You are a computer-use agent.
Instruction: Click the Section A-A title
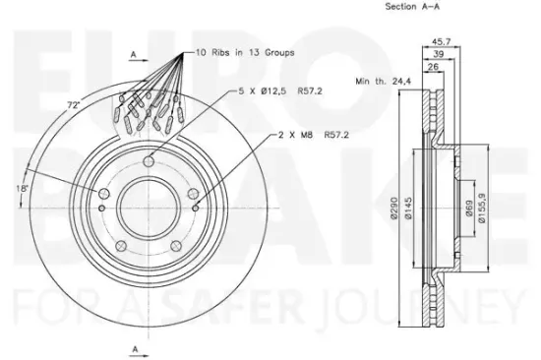pos(412,6)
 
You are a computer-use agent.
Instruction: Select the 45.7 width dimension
pos(442,41)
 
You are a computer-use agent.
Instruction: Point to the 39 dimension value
pos(439,54)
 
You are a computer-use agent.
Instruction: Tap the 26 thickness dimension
pos(433,67)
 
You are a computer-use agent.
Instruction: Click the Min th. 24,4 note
pos(384,82)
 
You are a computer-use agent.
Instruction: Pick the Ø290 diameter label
pos(394,208)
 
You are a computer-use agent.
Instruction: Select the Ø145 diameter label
pos(408,208)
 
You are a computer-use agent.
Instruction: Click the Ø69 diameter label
pos(468,209)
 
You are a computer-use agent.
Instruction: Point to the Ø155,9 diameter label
pos(482,208)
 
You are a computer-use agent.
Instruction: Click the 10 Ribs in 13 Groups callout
pos(245,53)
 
